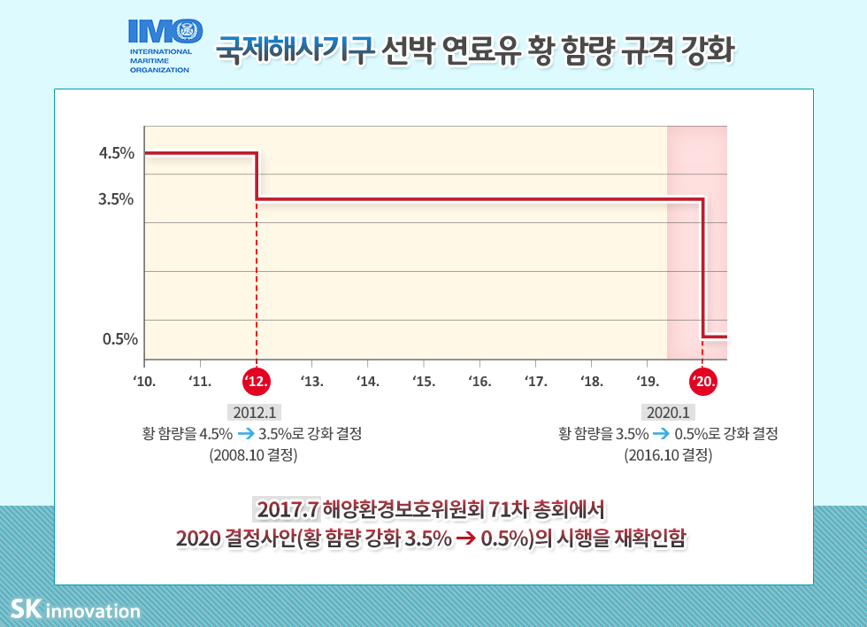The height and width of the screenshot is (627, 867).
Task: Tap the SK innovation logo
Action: pos(75,610)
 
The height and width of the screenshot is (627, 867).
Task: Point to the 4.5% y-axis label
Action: pos(117,153)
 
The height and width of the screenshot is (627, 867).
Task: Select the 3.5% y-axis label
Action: pos(117,199)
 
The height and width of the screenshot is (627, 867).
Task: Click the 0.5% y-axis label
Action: pos(119,338)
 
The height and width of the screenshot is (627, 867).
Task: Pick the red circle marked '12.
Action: pos(257,382)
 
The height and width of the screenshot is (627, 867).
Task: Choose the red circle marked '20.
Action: pos(703,382)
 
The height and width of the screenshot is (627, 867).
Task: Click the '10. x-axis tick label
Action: pos(144,382)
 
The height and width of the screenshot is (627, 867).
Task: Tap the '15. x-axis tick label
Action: pos(424,382)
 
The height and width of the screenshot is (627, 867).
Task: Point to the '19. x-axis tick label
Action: pos(647,382)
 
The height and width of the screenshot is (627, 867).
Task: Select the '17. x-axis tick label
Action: pos(535,382)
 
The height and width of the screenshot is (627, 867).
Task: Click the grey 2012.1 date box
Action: pos(255,412)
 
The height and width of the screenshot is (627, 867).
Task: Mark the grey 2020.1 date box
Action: pos(668,412)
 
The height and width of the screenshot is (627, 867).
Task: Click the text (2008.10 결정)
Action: pos(253,456)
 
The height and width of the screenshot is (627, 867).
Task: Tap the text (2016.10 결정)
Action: pos(668,456)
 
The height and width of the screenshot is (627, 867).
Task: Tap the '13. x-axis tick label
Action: pos(312,382)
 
